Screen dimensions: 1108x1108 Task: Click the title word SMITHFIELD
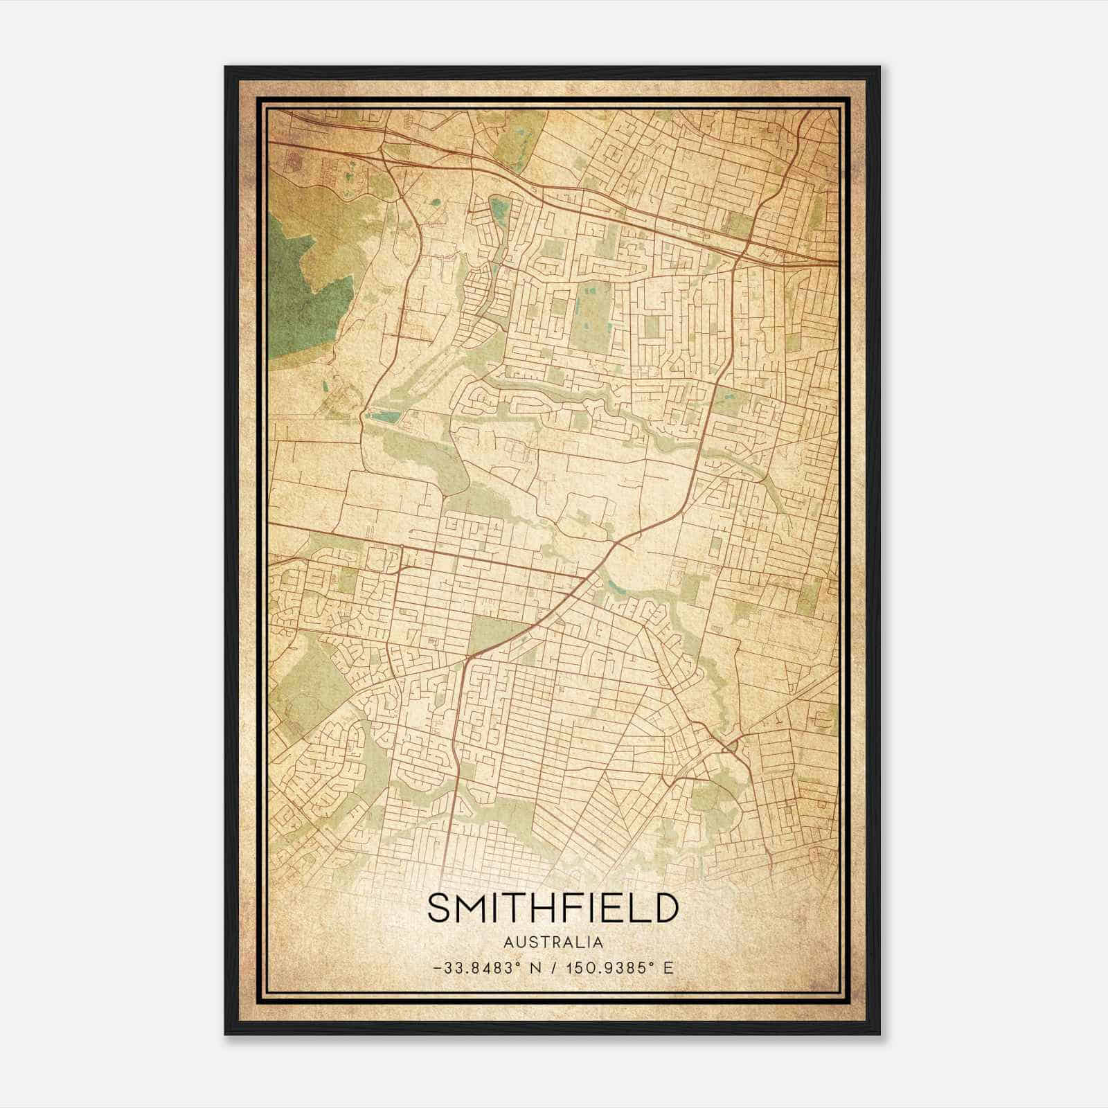coord(553,908)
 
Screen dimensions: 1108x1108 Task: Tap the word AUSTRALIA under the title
coord(553,942)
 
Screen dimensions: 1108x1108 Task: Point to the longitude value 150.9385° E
coord(618,967)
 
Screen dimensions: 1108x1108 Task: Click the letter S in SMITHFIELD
coord(438,908)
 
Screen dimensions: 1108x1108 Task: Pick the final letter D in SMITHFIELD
coord(664,908)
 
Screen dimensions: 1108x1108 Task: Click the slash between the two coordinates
coord(556,967)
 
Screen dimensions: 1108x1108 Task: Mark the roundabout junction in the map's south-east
coord(731,748)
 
